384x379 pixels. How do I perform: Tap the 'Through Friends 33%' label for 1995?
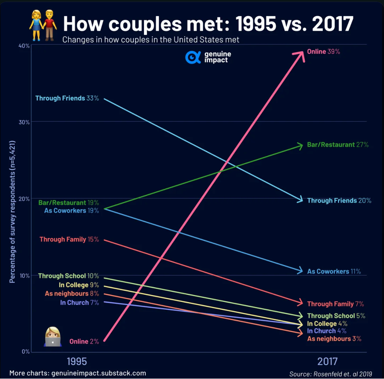point(67,98)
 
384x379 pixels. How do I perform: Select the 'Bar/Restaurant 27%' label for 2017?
point(338,145)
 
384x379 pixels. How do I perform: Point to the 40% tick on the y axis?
point(23,46)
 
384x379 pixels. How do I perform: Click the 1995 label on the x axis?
point(77,361)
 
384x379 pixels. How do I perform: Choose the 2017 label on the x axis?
point(327,361)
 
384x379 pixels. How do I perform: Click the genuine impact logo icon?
point(192,57)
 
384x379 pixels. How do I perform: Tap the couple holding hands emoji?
point(43,25)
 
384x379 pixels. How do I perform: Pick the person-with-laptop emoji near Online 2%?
point(53,337)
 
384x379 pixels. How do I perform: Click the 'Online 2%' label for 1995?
point(84,341)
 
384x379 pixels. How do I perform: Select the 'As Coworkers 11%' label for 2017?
point(334,271)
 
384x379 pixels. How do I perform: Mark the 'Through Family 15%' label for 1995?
point(69,239)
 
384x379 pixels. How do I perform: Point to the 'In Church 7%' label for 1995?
point(79,303)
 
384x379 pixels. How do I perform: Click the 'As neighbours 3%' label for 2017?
point(334,339)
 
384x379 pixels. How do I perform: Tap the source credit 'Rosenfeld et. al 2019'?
point(331,374)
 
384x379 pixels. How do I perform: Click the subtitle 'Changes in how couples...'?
point(151,40)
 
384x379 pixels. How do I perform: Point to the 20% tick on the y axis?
point(23,199)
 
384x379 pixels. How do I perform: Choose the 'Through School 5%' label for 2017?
point(336,316)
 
